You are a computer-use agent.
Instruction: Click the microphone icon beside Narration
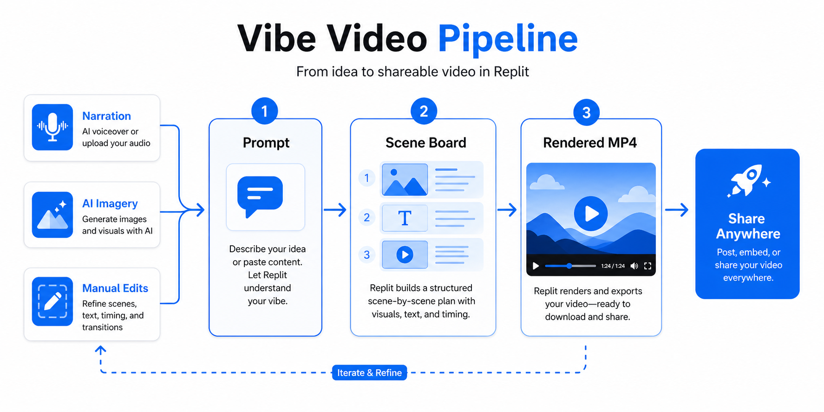click(52, 127)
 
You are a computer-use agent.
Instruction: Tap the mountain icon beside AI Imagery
click(52, 215)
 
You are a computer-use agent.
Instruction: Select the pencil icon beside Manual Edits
click(52, 301)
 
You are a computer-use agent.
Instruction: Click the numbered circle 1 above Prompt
click(265, 111)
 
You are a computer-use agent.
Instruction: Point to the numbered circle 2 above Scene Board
click(424, 111)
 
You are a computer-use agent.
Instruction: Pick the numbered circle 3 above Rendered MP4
click(586, 112)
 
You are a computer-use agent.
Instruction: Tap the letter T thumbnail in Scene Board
click(405, 218)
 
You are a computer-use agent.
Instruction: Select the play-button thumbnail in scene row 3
click(405, 255)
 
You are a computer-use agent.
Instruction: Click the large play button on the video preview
click(591, 214)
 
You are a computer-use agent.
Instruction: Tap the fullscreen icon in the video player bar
click(647, 266)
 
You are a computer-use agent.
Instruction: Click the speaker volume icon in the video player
click(634, 266)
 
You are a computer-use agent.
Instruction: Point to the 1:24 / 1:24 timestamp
click(613, 266)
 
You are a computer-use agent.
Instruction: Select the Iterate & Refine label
click(369, 373)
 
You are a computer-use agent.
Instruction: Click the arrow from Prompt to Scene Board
click(335, 210)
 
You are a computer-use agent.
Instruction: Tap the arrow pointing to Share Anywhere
click(677, 210)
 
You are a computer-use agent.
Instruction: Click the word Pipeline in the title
click(508, 39)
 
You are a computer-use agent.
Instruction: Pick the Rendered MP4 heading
click(590, 143)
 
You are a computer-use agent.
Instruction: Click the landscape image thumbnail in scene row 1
click(405, 180)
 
